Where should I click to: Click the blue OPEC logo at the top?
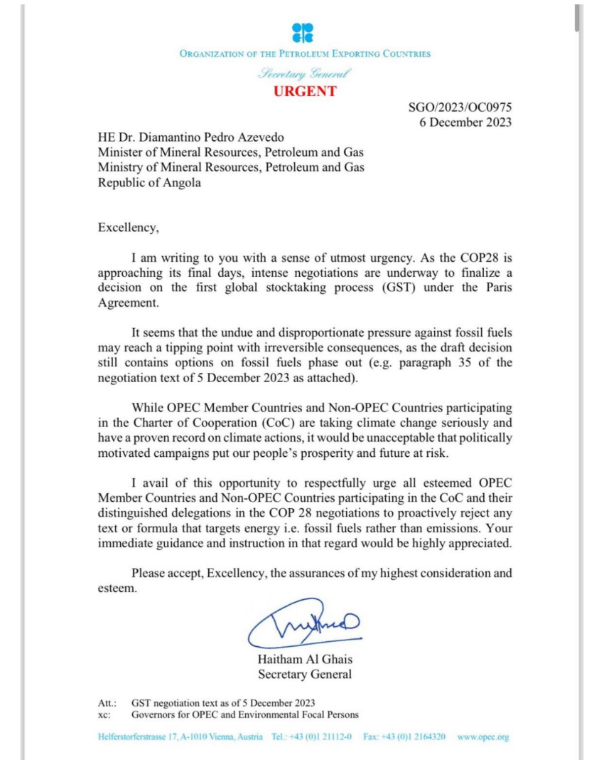(x=303, y=33)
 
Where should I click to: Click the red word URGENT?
(x=305, y=91)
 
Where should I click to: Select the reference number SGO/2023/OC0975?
(x=460, y=107)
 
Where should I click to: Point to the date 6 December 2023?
(x=465, y=122)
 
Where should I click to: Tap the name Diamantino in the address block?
(x=176, y=137)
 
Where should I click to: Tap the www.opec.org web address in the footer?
(x=483, y=737)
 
